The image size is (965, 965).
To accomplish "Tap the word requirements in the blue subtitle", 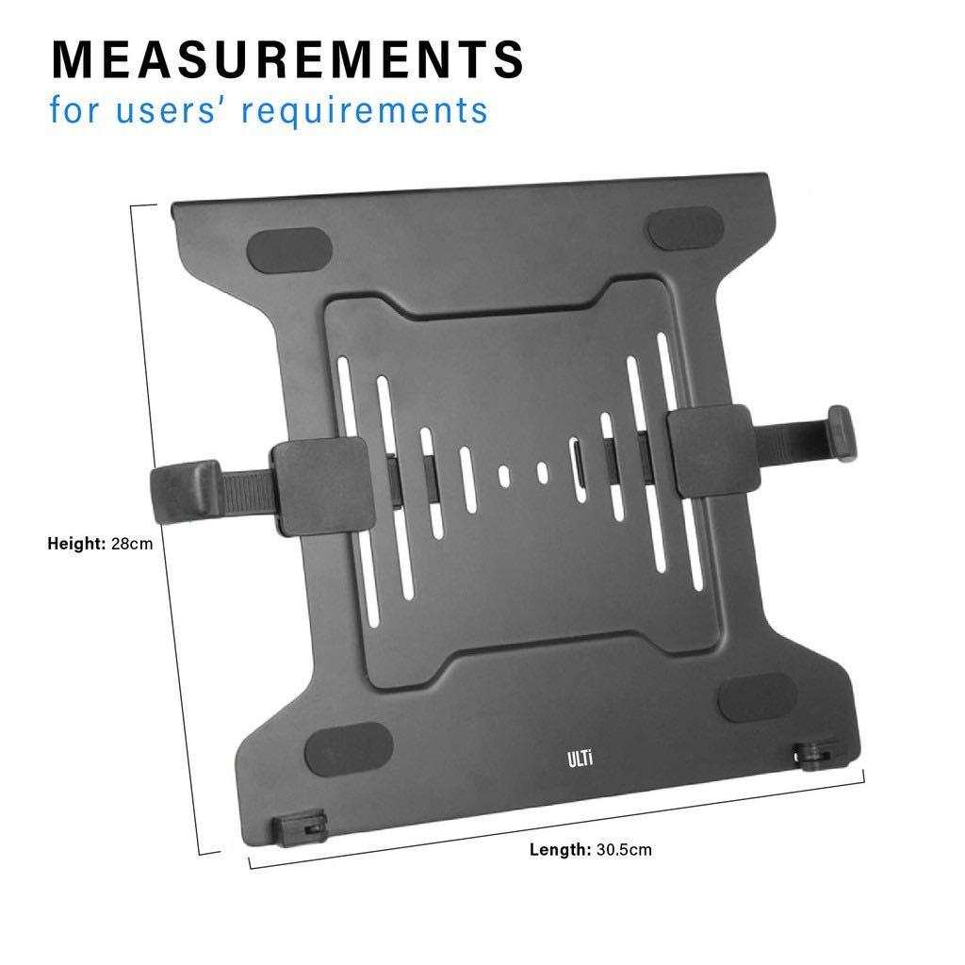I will [x=364, y=109].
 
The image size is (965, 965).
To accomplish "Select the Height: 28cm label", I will [x=100, y=544].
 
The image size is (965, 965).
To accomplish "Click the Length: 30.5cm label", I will [x=590, y=850].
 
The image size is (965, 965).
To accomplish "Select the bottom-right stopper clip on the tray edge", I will [x=808, y=754].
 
